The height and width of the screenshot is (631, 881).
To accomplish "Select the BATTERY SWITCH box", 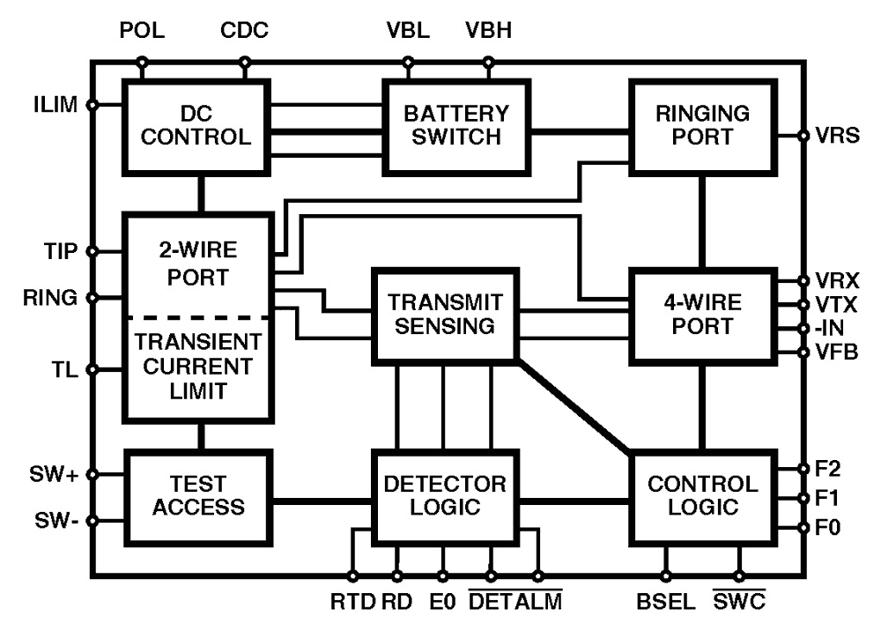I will coord(456,125).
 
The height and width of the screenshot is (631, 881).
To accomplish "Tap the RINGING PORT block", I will coord(703,125).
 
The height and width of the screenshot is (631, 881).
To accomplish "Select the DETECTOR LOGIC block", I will coord(446,495).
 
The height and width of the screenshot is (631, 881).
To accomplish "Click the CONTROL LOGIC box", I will coord(702,495).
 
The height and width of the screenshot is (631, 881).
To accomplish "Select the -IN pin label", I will coord(828,329).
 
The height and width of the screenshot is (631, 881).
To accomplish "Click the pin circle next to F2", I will coord(803,467).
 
